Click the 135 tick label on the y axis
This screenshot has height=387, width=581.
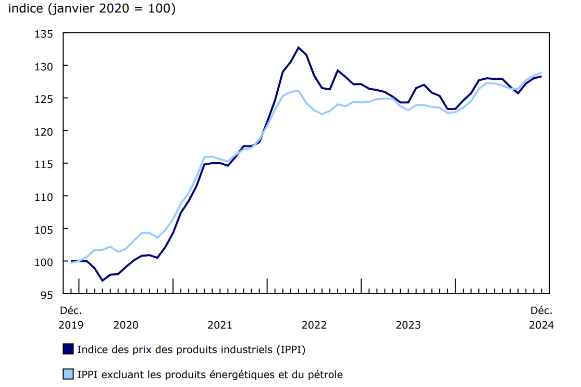(x=45, y=34)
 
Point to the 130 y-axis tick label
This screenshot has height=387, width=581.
(x=45, y=66)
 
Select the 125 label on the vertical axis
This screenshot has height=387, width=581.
(x=45, y=99)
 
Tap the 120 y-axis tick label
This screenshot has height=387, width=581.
(x=45, y=131)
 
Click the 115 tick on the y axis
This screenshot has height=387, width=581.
(x=45, y=164)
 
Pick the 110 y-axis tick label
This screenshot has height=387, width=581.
(x=45, y=196)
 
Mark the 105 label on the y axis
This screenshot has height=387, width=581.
(x=45, y=229)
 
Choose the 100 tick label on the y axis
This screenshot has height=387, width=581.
(x=45, y=261)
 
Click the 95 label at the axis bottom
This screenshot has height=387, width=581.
(x=47, y=294)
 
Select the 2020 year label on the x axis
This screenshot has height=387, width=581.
(x=126, y=325)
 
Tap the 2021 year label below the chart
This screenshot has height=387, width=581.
(x=220, y=325)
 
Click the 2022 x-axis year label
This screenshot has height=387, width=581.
(x=314, y=325)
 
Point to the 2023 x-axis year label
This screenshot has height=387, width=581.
(x=409, y=325)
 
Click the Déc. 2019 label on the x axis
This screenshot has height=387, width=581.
(x=71, y=318)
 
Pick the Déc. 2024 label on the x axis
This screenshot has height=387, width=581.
(x=541, y=318)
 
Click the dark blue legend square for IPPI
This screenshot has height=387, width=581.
(x=68, y=349)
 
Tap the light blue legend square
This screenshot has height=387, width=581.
(x=68, y=374)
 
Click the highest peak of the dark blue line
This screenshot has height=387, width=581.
(x=299, y=47)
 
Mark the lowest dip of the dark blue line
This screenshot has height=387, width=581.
(x=102, y=281)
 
